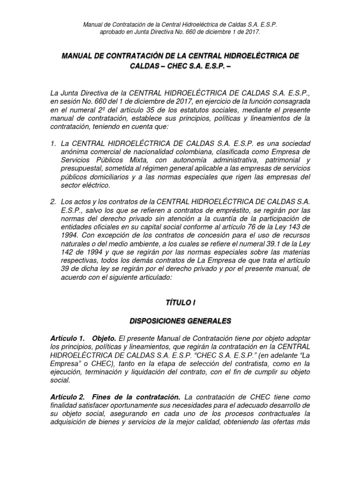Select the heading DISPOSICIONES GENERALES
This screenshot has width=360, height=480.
[180, 321]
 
